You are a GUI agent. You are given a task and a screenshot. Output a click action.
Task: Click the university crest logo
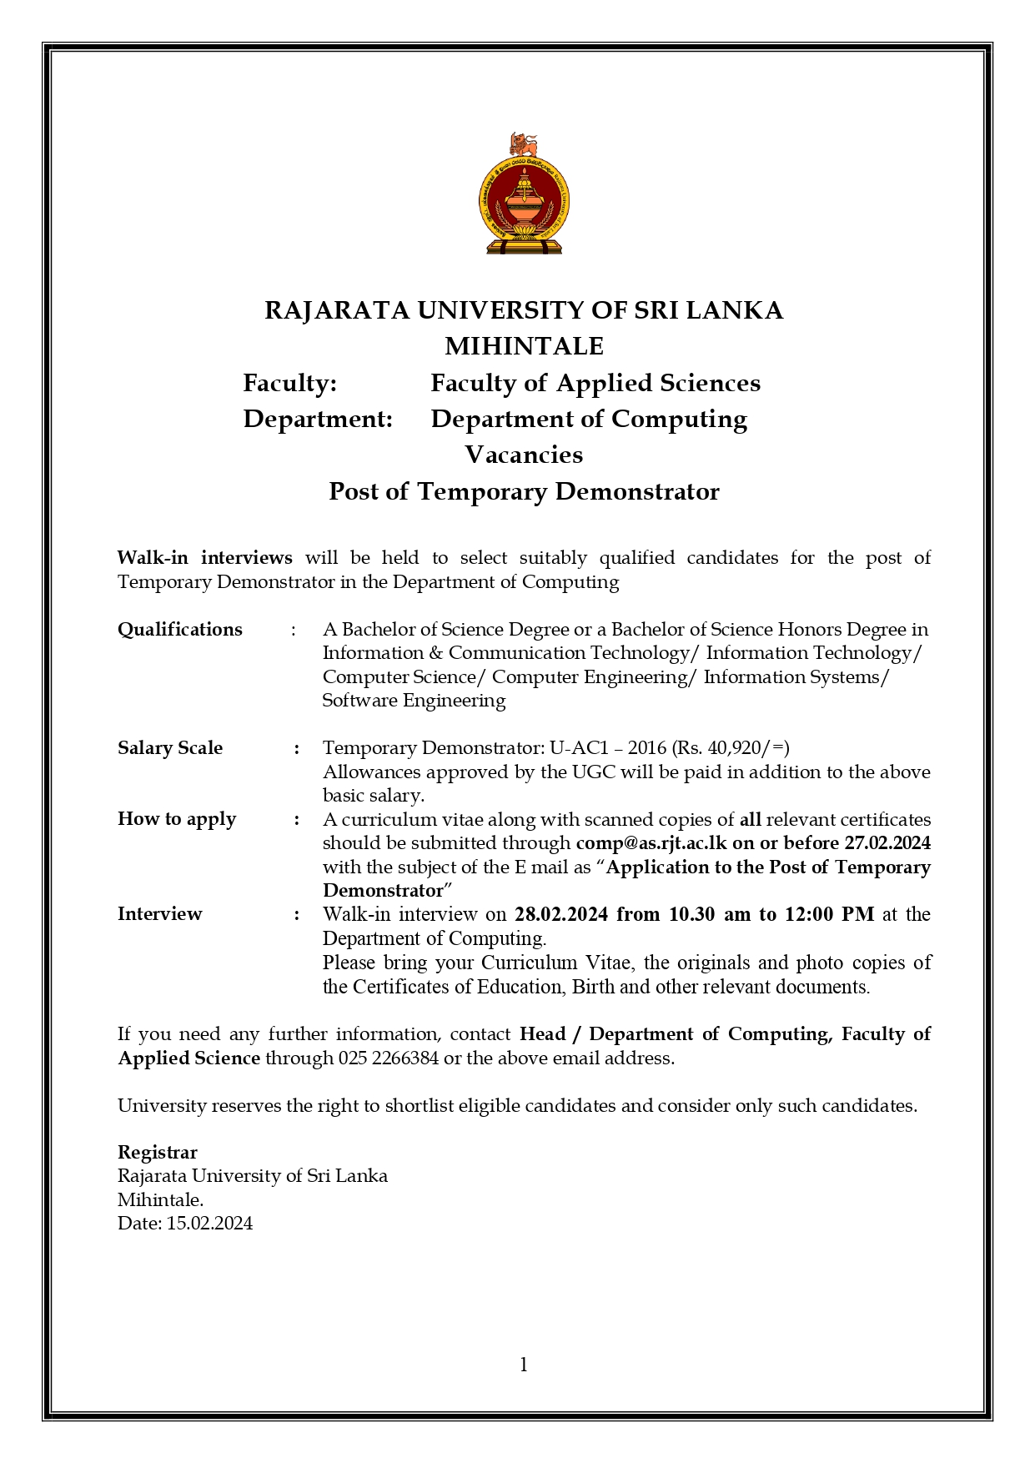tap(524, 194)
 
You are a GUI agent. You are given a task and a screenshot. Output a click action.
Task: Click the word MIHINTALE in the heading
tap(524, 346)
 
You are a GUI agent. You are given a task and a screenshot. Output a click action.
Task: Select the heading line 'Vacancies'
tap(524, 455)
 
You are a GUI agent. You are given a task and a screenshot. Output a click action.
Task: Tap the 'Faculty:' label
tap(289, 383)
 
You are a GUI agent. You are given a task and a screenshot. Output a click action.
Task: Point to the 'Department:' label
tap(318, 419)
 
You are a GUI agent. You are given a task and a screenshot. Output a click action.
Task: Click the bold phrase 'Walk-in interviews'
tap(204, 557)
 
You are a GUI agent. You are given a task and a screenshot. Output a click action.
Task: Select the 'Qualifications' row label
tap(180, 630)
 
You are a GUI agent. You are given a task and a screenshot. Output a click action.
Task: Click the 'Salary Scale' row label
tap(170, 748)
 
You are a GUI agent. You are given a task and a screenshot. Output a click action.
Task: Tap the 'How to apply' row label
tap(177, 819)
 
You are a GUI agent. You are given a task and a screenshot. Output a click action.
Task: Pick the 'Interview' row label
tap(160, 914)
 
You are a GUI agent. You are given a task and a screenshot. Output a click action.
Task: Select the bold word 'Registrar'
tap(158, 1153)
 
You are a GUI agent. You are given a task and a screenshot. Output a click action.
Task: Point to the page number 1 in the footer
tap(524, 1365)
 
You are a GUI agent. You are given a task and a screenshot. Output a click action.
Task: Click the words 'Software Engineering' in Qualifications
tap(415, 701)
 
